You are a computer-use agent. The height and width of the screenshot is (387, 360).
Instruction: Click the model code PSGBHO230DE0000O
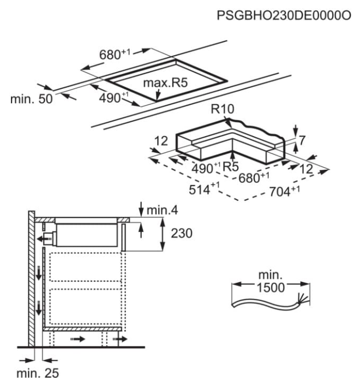[284, 16]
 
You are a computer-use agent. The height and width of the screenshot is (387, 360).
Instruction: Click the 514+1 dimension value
[203, 191]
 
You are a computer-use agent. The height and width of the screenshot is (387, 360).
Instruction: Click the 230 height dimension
[182, 234]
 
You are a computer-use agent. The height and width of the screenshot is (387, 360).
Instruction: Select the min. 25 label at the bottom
[37, 374]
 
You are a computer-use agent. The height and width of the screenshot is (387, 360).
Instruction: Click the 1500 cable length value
[270, 288]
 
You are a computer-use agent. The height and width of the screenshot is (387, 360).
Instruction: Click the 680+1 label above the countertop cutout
[116, 55]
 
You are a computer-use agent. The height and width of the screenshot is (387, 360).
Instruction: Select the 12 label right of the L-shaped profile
[308, 170]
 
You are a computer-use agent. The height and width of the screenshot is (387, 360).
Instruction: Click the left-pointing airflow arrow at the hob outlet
[41, 238]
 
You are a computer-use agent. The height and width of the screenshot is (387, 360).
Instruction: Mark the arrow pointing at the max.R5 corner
[158, 96]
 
